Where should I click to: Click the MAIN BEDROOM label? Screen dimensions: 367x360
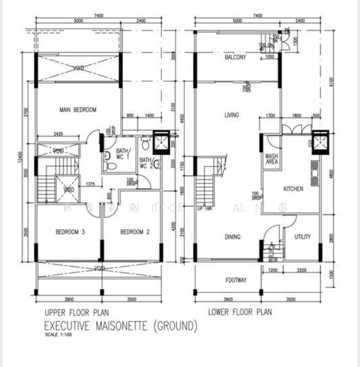[x=78, y=110]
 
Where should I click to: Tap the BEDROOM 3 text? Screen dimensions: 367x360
[x=70, y=232]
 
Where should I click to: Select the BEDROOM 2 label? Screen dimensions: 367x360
[x=134, y=232]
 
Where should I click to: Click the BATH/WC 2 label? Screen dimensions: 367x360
[x=146, y=161]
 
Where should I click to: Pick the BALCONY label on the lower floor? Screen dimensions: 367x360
[x=235, y=57]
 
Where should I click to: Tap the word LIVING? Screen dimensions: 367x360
[x=231, y=115]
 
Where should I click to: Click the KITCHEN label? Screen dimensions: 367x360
[x=293, y=189]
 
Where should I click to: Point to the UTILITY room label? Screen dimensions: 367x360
[x=302, y=237]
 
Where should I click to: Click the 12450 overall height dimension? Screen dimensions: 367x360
[x=20, y=160]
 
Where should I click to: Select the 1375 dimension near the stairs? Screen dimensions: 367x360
[x=90, y=183]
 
